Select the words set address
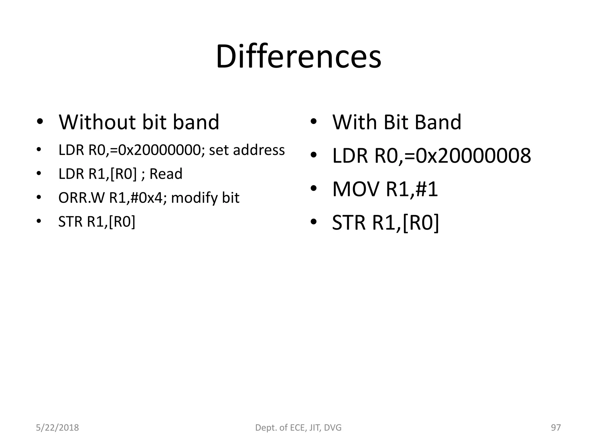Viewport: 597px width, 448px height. click(247, 150)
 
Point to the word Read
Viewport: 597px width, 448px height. click(166, 174)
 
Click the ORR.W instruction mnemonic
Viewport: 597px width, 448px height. click(81, 198)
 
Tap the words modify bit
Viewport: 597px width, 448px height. click(205, 198)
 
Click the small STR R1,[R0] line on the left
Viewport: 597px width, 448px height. click(97, 222)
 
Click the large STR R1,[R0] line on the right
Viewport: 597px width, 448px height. click(385, 223)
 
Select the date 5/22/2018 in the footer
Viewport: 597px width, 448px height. click(57, 428)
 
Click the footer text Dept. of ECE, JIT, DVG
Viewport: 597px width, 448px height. click(298, 428)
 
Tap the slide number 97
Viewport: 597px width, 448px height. click(556, 428)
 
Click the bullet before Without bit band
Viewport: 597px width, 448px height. click(40, 122)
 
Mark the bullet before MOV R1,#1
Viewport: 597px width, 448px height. click(313, 189)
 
